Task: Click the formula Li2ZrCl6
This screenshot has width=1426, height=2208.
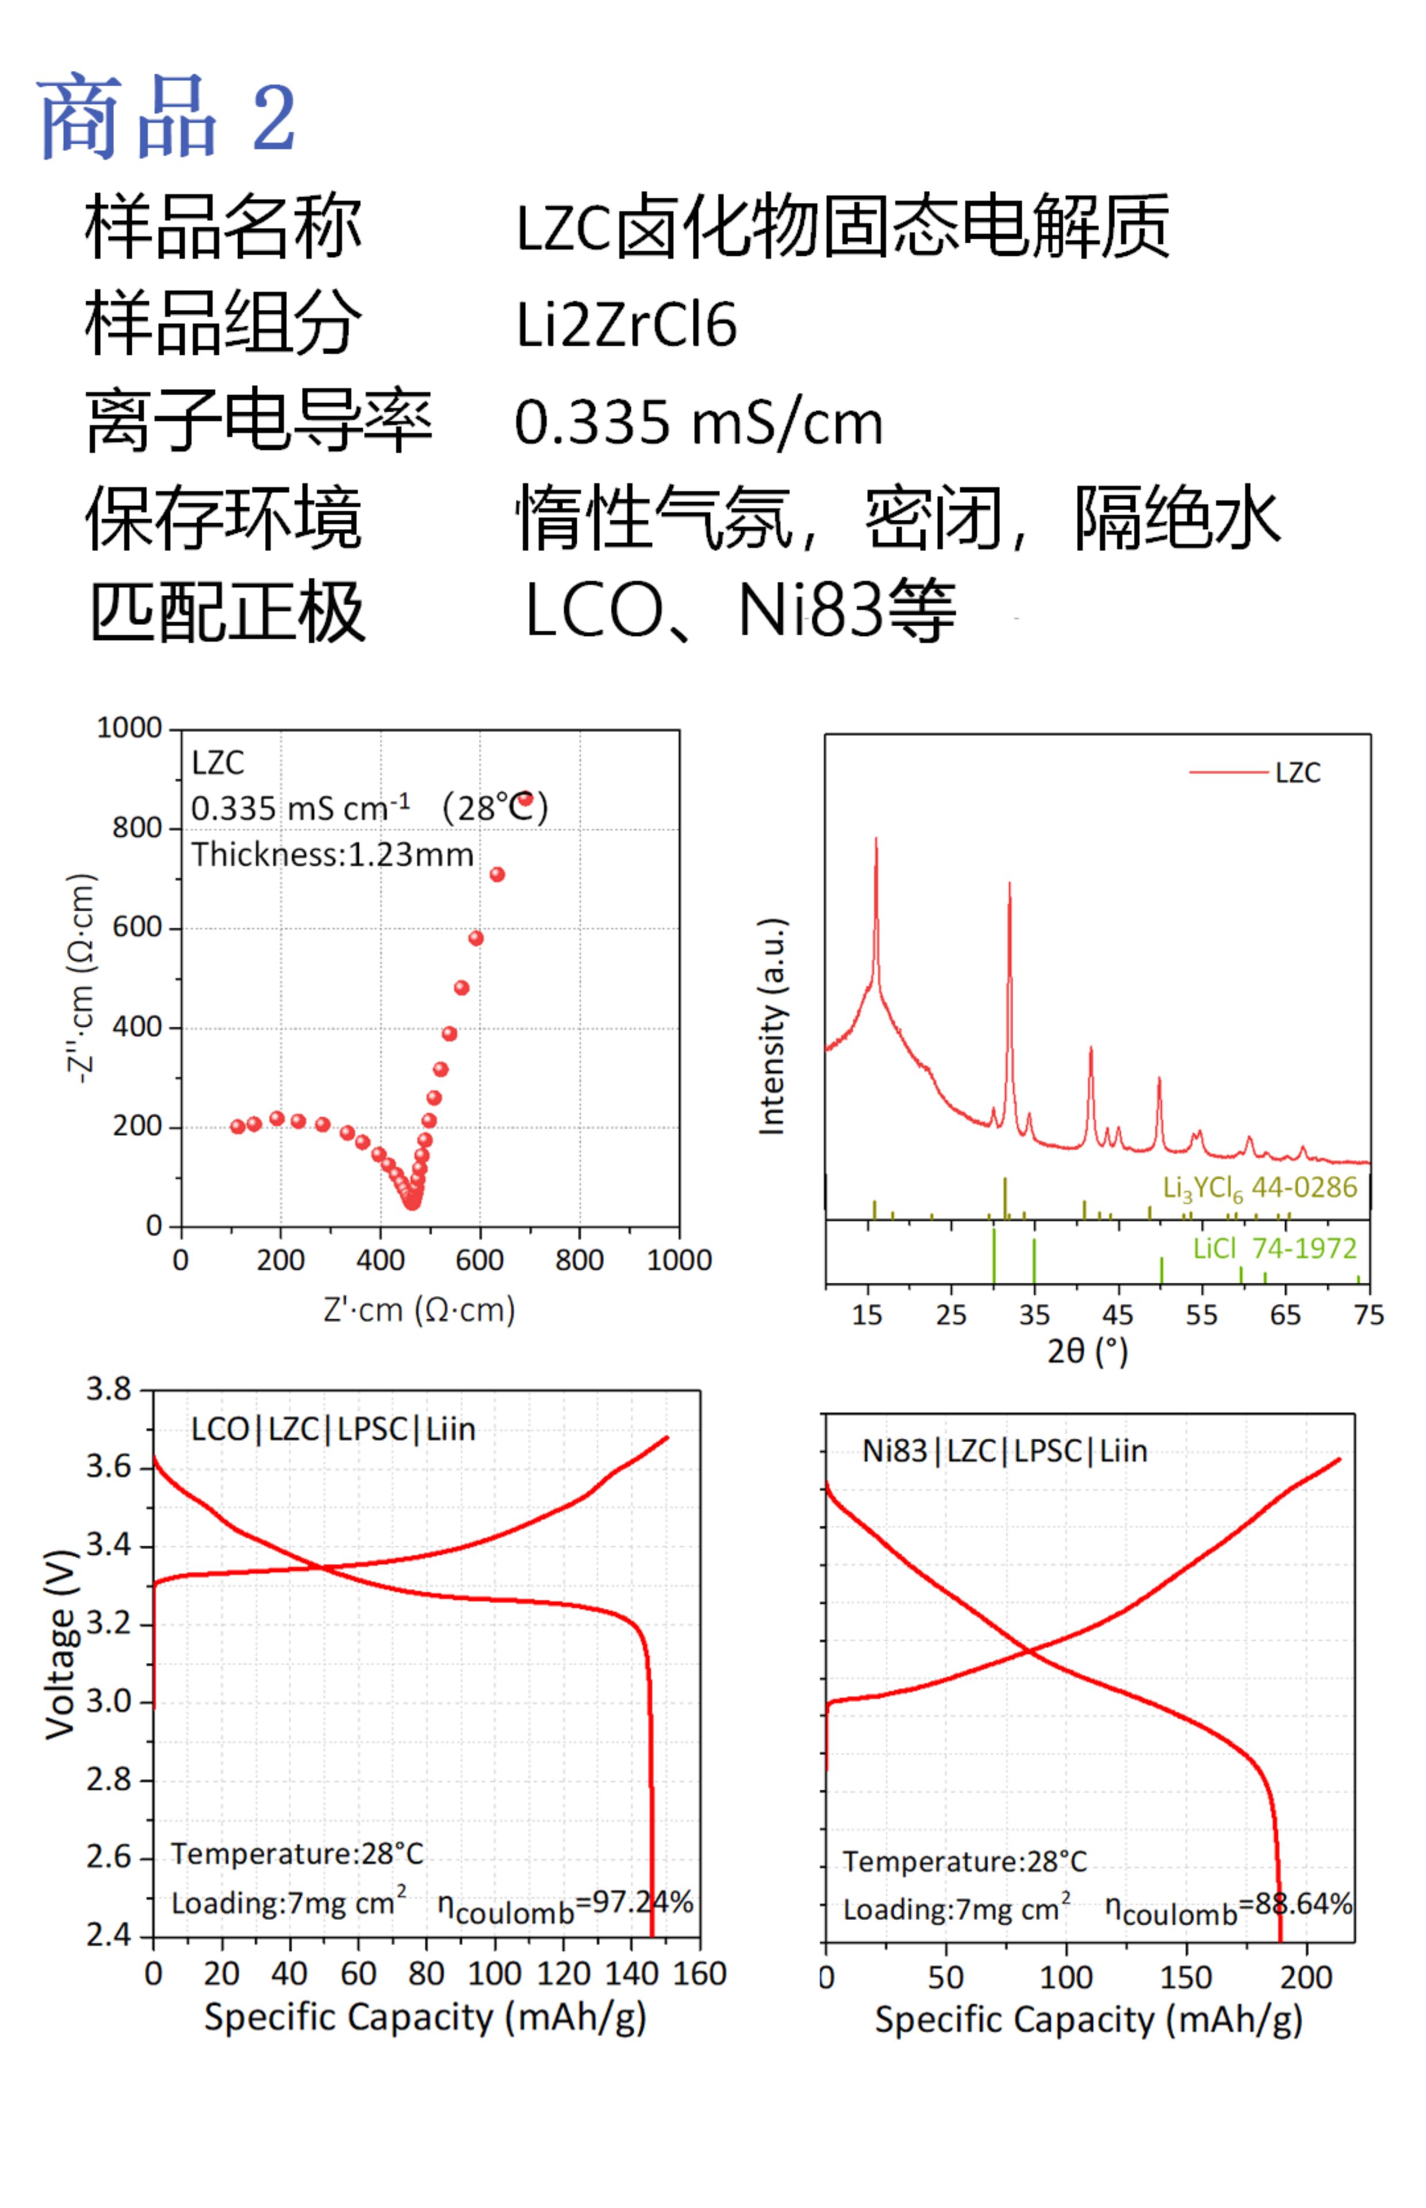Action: click(x=626, y=325)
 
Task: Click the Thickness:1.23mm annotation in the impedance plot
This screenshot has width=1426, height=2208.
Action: click(x=332, y=854)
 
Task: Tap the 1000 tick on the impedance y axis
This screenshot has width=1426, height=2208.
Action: click(x=129, y=728)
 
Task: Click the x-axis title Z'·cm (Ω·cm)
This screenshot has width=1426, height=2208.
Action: click(x=420, y=1309)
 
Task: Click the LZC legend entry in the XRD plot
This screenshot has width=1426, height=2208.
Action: click(x=1297, y=772)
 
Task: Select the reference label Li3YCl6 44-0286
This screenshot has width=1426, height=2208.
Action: click(x=1259, y=1188)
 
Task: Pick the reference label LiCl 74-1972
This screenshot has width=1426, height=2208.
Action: click(x=1274, y=1249)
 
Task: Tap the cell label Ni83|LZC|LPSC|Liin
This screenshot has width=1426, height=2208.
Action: click(x=1005, y=1451)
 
